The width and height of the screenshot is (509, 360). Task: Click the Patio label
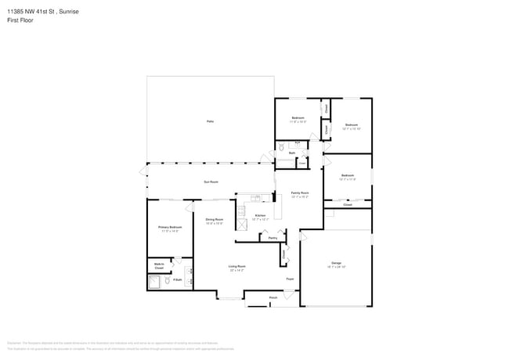[x=210, y=121]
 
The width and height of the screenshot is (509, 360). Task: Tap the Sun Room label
[x=211, y=182]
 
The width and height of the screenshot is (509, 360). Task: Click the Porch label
[x=273, y=297]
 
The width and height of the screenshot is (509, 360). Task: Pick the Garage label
[x=336, y=264]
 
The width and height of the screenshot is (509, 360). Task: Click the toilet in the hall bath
[x=281, y=148]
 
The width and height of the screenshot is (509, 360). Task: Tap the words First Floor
[x=21, y=20]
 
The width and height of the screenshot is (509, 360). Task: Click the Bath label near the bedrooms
[x=291, y=153]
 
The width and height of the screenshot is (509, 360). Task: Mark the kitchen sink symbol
[x=256, y=197]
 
